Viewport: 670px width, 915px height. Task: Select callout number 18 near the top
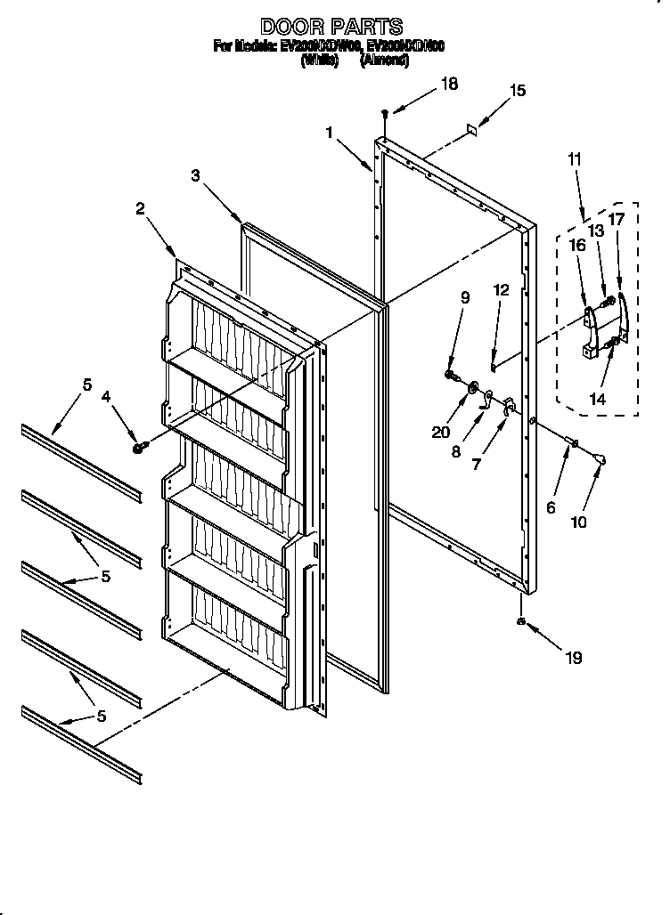(x=449, y=84)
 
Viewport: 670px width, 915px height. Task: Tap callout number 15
(x=518, y=90)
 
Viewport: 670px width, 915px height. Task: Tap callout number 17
(x=617, y=219)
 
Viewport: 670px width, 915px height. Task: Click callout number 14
(x=597, y=400)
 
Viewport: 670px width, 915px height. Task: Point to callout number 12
(x=501, y=290)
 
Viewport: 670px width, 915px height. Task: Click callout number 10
(x=579, y=522)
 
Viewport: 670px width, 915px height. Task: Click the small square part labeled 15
(x=472, y=130)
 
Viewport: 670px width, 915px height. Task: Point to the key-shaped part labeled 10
(x=601, y=458)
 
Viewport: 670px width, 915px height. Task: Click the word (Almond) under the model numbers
(x=384, y=61)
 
